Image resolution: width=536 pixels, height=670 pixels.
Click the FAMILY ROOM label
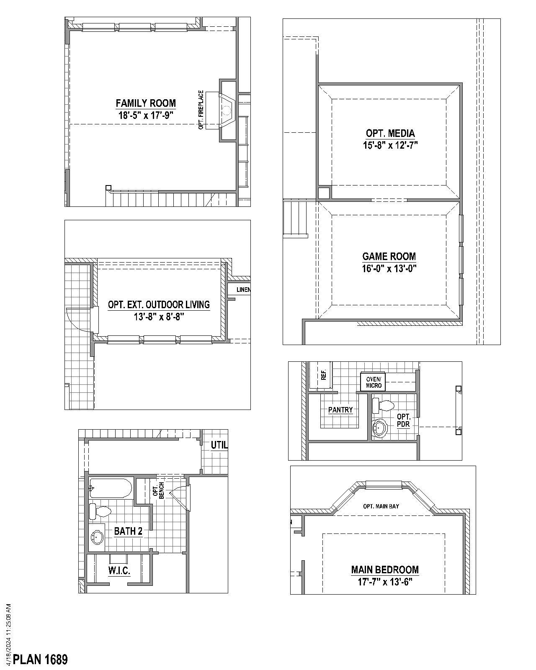click(x=146, y=103)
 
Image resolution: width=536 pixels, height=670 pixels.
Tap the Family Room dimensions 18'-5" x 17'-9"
click(x=146, y=115)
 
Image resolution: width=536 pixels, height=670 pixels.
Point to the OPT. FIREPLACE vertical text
click(x=201, y=110)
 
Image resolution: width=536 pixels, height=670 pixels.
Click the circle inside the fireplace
click(x=227, y=111)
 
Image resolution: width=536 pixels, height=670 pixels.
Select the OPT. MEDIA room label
click(x=390, y=134)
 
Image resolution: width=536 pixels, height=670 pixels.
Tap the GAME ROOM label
click(x=389, y=256)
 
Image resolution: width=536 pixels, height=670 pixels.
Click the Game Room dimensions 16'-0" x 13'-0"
click(x=389, y=268)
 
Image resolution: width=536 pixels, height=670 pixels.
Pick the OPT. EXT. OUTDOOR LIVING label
click(x=159, y=304)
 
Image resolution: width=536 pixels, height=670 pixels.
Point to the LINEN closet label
click(x=243, y=290)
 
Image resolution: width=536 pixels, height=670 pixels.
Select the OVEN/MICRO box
click(x=373, y=382)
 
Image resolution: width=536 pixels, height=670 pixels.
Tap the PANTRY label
click(x=340, y=410)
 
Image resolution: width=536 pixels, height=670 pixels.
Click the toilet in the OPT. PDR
click(x=384, y=405)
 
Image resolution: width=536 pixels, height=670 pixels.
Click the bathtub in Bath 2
click(x=111, y=488)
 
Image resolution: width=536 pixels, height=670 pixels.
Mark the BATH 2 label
click(x=128, y=531)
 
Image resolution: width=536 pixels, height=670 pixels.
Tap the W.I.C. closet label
click(x=119, y=570)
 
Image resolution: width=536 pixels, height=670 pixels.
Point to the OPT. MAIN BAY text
click(x=381, y=506)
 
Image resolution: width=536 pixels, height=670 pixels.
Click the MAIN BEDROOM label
click(x=385, y=569)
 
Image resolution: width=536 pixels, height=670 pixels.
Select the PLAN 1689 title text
click(x=40, y=660)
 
